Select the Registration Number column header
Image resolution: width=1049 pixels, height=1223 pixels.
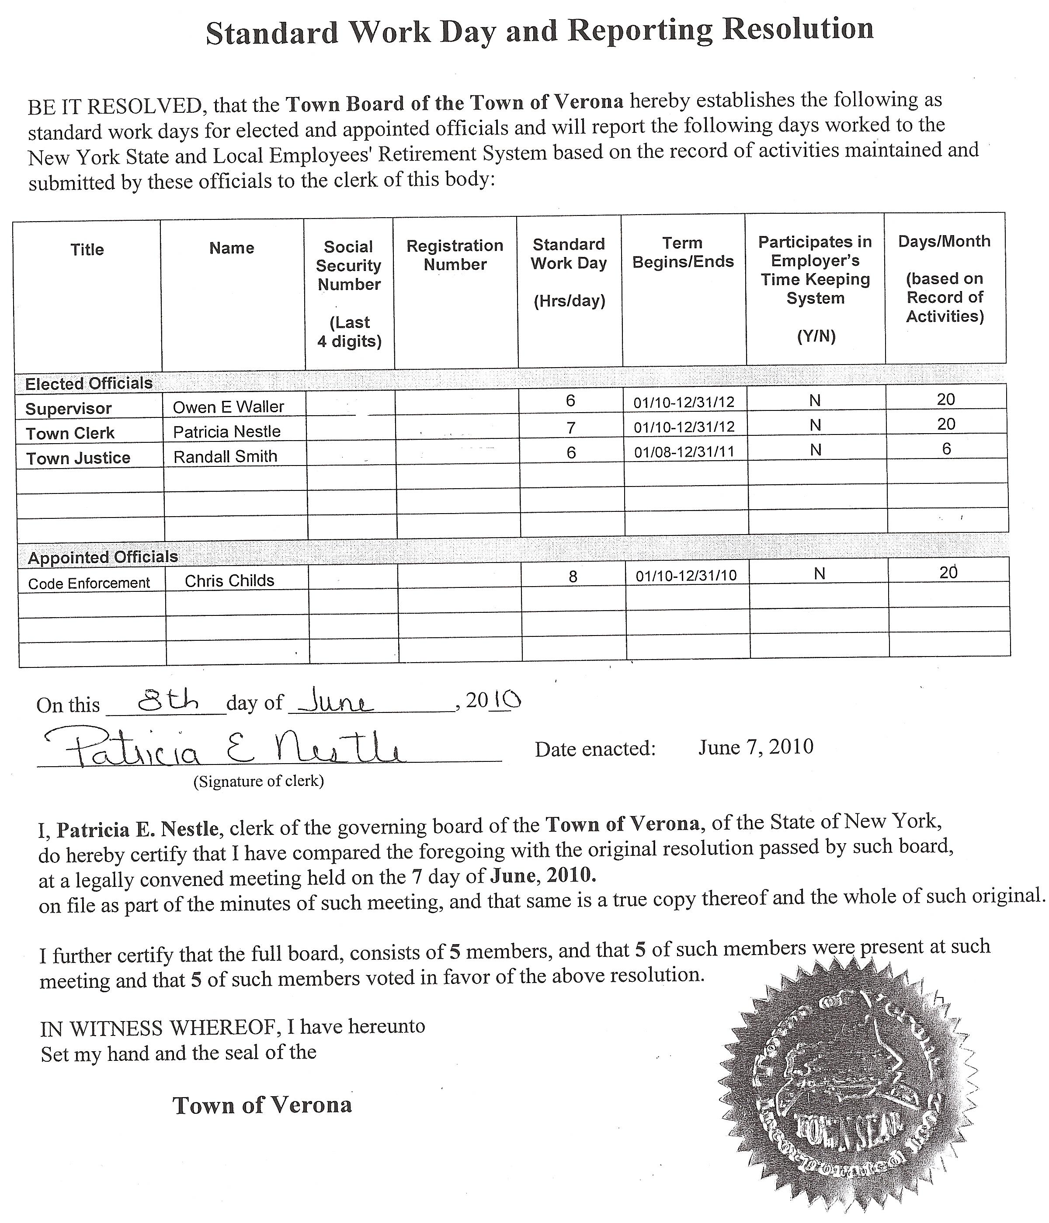455,255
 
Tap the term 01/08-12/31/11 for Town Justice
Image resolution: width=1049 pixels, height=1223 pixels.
684,452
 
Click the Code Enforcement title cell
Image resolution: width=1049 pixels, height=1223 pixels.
89,583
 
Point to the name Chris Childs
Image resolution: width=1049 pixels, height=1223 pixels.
229,581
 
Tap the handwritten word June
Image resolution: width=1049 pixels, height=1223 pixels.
335,702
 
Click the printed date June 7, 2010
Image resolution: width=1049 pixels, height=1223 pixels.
756,747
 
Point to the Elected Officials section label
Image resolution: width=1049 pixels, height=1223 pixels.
89,384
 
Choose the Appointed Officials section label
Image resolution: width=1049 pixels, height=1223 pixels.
103,557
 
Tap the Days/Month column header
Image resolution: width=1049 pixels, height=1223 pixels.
945,278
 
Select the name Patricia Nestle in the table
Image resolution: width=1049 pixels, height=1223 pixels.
227,431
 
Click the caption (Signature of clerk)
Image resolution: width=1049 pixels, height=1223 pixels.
259,782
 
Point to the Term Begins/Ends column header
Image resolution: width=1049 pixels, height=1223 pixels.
683,252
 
